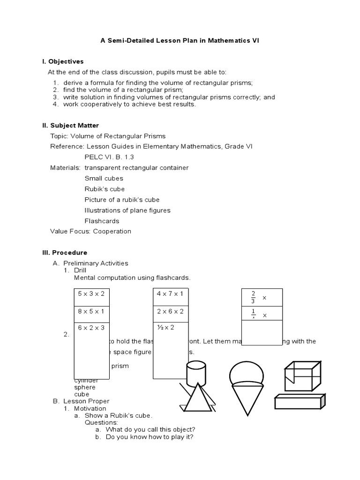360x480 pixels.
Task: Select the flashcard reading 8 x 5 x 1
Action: pos(91,311)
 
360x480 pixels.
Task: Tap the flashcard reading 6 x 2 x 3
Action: pos(91,327)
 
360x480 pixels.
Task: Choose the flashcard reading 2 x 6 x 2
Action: pos(170,311)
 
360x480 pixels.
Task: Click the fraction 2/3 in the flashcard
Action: pos(253,297)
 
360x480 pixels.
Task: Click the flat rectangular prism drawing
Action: pos(299,402)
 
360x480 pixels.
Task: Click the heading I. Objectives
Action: pos(63,61)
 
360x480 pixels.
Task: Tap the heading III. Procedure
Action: pos(65,253)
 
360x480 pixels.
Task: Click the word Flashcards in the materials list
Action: pos(102,221)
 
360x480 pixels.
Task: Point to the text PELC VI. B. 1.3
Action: pos(112,157)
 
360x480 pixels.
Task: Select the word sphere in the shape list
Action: pos(85,387)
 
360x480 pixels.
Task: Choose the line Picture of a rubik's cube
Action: pos(122,200)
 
